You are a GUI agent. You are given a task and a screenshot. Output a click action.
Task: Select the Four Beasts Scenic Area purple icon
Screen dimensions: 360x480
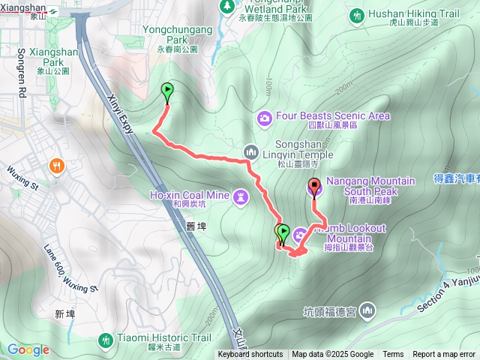coord(264,117)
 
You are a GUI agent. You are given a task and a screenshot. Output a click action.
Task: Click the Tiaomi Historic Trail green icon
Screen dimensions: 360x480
coord(106,340)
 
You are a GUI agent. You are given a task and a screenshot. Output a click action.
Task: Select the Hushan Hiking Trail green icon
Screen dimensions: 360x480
coord(358,14)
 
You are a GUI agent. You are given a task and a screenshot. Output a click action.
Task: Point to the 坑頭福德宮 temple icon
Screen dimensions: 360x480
coord(367,310)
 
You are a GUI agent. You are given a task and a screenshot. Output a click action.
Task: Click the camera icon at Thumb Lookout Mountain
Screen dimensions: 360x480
coord(300,235)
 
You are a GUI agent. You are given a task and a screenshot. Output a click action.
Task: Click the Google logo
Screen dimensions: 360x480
coord(28,349)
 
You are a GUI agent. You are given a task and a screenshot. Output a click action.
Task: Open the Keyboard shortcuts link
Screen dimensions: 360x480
coord(250,355)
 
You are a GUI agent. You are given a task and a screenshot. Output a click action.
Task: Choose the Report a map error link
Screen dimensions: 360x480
coord(444,355)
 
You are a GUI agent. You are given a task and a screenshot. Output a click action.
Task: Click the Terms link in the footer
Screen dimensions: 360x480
coord(393,355)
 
